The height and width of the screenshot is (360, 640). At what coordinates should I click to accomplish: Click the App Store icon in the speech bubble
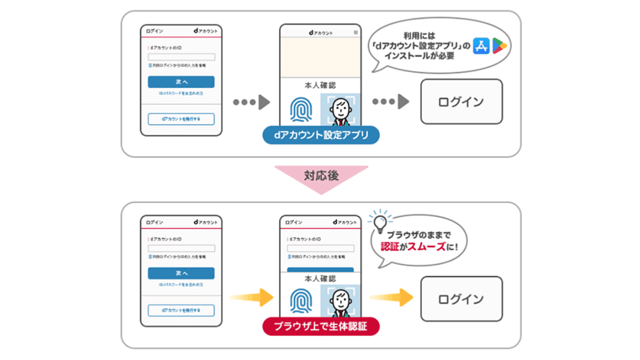pyautogui.click(x=482, y=45)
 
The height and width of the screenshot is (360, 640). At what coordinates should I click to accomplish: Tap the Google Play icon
pyautogui.click(x=500, y=45)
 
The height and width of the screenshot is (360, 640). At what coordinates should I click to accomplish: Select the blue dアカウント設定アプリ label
pyautogui.click(x=320, y=135)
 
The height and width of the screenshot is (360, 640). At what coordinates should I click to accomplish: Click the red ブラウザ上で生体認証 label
pyautogui.click(x=320, y=327)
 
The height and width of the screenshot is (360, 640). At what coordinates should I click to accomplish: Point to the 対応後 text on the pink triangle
pyautogui.click(x=321, y=176)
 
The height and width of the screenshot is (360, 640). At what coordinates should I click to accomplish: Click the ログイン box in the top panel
pyautogui.click(x=461, y=102)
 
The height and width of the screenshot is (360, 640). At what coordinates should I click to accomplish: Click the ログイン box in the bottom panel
pyautogui.click(x=461, y=299)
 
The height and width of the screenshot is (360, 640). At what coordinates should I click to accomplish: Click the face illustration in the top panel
pyautogui.click(x=340, y=110)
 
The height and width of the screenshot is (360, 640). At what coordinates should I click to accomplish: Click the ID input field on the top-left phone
pyautogui.click(x=181, y=57)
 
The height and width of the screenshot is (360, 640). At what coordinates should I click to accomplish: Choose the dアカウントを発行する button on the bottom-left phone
pyautogui.click(x=181, y=310)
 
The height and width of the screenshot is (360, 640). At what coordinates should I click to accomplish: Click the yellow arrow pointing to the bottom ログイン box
pyautogui.click(x=391, y=297)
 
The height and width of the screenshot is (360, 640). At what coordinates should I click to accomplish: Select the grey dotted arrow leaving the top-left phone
pyautogui.click(x=252, y=102)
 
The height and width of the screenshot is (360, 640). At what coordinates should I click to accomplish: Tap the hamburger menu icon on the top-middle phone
pyautogui.click(x=356, y=32)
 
